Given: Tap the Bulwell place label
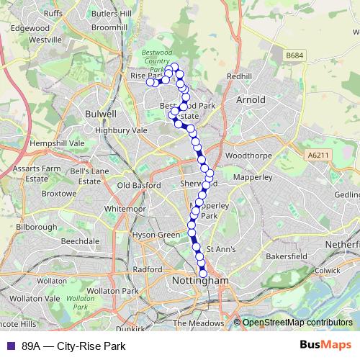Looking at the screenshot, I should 100,114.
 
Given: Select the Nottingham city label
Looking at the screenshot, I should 201,280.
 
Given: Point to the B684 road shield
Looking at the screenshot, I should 293,55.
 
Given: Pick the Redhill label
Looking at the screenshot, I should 239,76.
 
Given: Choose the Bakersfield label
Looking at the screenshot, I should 287,256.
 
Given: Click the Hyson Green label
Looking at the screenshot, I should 156,235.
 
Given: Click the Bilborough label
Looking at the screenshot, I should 36,227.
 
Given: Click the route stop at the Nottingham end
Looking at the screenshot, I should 203,273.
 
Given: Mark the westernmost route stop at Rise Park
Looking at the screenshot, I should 150,82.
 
